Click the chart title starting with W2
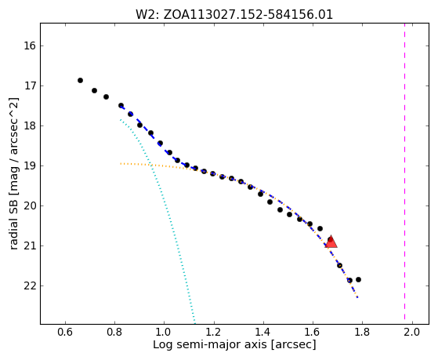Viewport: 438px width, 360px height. coord(234,15)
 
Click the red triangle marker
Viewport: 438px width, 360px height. coord(331,242)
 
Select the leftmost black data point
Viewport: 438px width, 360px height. coord(80,81)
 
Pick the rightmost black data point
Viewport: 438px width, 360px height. coord(358,279)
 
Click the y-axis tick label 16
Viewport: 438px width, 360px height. coord(30,45)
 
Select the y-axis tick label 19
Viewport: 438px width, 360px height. coord(30,165)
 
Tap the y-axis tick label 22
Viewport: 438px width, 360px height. coord(30,285)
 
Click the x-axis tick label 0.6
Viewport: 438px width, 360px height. coord(65,332)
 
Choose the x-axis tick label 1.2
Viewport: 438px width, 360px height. coord(213,332)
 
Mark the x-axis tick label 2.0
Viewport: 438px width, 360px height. coord(411,332)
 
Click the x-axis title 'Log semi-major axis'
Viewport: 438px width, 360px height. coord(209,344)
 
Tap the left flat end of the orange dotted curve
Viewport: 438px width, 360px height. coord(121,163)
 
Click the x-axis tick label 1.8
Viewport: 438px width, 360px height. coord(362,332)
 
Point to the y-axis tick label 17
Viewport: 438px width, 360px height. coord(30,85)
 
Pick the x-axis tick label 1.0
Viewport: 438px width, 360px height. coord(164,332)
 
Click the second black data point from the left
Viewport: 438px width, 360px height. coord(94,91)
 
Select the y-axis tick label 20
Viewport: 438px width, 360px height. coord(30,205)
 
